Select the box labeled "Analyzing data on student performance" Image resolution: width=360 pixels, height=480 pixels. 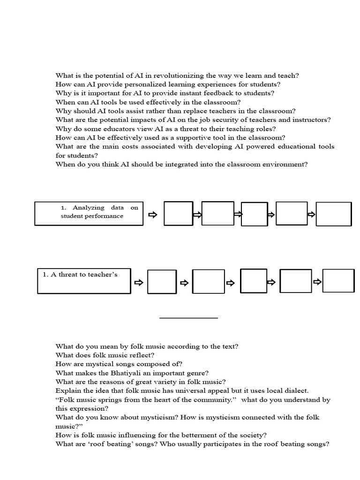pos(89,213)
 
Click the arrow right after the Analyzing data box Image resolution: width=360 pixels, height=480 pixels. pos(153,215)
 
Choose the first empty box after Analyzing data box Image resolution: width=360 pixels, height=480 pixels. pos(178,213)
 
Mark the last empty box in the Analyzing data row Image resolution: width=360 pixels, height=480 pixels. pos(333,214)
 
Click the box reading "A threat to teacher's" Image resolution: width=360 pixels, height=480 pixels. pos(84,281)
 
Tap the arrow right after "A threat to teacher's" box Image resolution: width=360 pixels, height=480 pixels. pos(138,283)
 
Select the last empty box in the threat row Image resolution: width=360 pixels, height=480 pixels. pos(338,281)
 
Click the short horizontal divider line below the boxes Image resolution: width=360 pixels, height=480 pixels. pos(188,318)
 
